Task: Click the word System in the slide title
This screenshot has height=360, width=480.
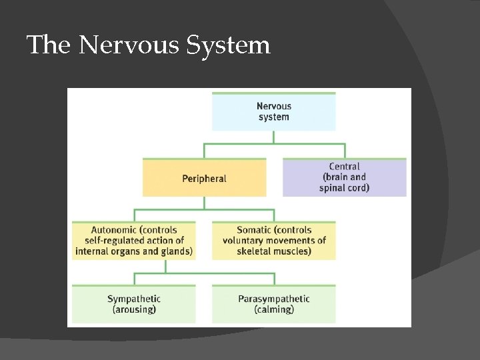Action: point(228,45)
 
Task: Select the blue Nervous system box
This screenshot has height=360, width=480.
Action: point(273,111)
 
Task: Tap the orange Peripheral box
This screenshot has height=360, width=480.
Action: point(204,178)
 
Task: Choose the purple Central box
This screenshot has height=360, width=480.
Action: point(344,177)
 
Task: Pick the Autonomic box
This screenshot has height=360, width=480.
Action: point(134,240)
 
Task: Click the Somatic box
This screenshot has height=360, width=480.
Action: point(274,240)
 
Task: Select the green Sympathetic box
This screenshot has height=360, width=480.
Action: point(134,304)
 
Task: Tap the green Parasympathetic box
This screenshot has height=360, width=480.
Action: point(274,304)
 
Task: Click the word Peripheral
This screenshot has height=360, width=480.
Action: point(204,179)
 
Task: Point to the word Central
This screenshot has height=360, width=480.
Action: point(344,167)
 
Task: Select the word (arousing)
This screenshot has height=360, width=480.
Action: point(134,310)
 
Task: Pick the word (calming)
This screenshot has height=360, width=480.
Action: point(274,310)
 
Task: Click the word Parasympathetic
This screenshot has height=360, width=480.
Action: point(274,299)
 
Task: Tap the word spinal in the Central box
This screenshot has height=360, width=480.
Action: point(331,188)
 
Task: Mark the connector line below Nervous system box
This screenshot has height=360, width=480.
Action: point(274,137)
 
